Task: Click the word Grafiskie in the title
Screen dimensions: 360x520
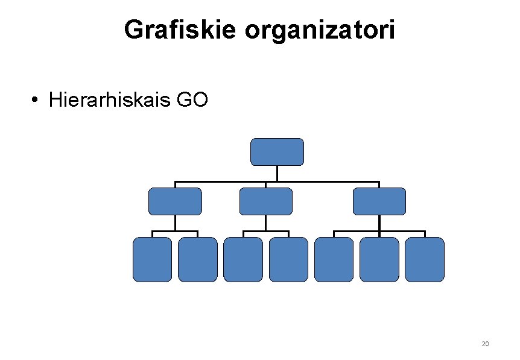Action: click(x=180, y=30)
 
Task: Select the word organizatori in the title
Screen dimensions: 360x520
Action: click(x=320, y=30)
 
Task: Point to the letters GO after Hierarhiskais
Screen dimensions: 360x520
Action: click(x=192, y=99)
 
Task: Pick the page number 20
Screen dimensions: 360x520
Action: click(x=485, y=344)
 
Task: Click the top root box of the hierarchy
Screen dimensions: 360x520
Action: click(x=277, y=152)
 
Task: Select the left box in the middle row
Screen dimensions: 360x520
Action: click(x=175, y=201)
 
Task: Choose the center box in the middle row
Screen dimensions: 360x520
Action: click(x=265, y=201)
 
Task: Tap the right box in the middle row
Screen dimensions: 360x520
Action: click(x=379, y=201)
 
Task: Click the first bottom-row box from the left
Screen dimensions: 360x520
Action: click(x=152, y=259)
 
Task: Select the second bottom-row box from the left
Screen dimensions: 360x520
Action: click(x=198, y=259)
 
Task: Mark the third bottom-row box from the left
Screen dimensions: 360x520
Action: click(x=243, y=259)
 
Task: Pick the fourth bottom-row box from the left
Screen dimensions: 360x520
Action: click(x=288, y=259)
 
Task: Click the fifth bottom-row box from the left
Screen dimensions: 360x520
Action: click(x=334, y=259)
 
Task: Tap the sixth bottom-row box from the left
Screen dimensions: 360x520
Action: click(x=379, y=259)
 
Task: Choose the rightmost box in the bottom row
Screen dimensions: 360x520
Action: click(x=425, y=259)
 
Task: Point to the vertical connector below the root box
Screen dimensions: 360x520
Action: click(x=277, y=173)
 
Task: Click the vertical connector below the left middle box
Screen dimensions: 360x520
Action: click(x=175, y=223)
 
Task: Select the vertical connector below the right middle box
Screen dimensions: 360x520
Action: click(x=379, y=223)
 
